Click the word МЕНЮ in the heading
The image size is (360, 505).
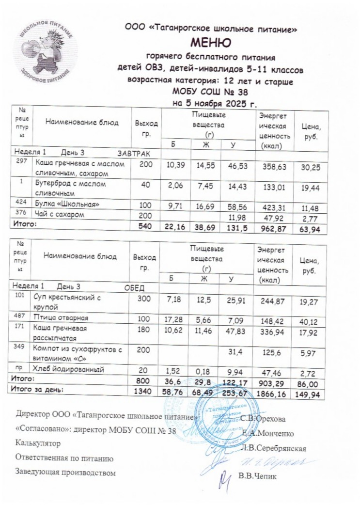(x=210, y=42)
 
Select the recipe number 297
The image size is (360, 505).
(x=21, y=161)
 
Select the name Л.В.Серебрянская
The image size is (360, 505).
(x=274, y=447)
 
